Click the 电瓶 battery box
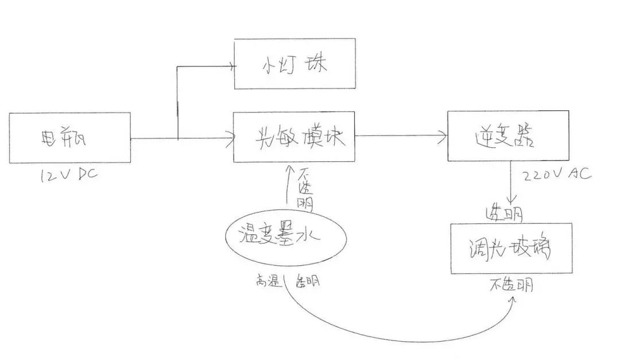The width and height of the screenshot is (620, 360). [x=70, y=138]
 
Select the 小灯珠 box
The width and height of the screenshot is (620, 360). [x=294, y=64]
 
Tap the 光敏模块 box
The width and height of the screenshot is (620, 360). [x=294, y=137]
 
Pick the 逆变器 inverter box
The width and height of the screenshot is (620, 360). [x=508, y=136]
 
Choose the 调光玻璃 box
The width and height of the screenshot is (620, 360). [x=511, y=248]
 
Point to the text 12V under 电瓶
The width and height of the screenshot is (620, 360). [x=53, y=175]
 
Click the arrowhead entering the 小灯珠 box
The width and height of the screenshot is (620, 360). [x=231, y=65]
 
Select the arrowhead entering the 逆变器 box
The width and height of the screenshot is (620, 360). [x=444, y=136]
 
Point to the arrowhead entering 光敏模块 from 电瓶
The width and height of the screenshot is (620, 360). [x=230, y=138]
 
